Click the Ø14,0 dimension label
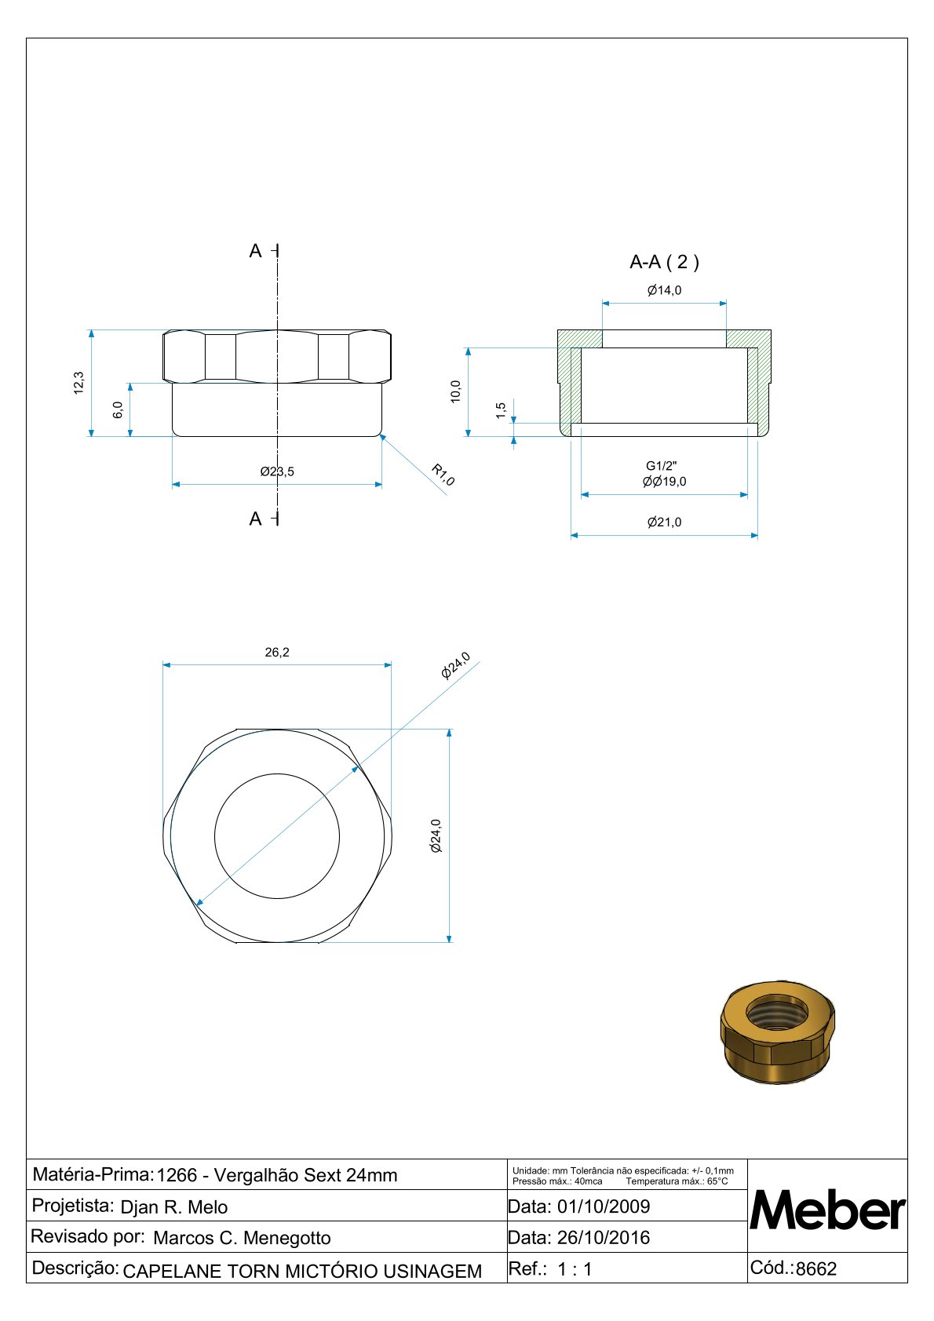(x=664, y=290)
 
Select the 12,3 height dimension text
(x=78, y=383)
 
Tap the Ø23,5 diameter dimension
(x=277, y=471)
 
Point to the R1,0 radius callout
(x=443, y=475)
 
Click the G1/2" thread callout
(x=661, y=466)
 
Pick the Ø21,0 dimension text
(x=664, y=522)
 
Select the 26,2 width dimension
(x=277, y=652)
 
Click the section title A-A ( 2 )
(x=664, y=261)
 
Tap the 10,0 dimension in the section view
(x=455, y=391)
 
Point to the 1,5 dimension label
(x=500, y=410)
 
